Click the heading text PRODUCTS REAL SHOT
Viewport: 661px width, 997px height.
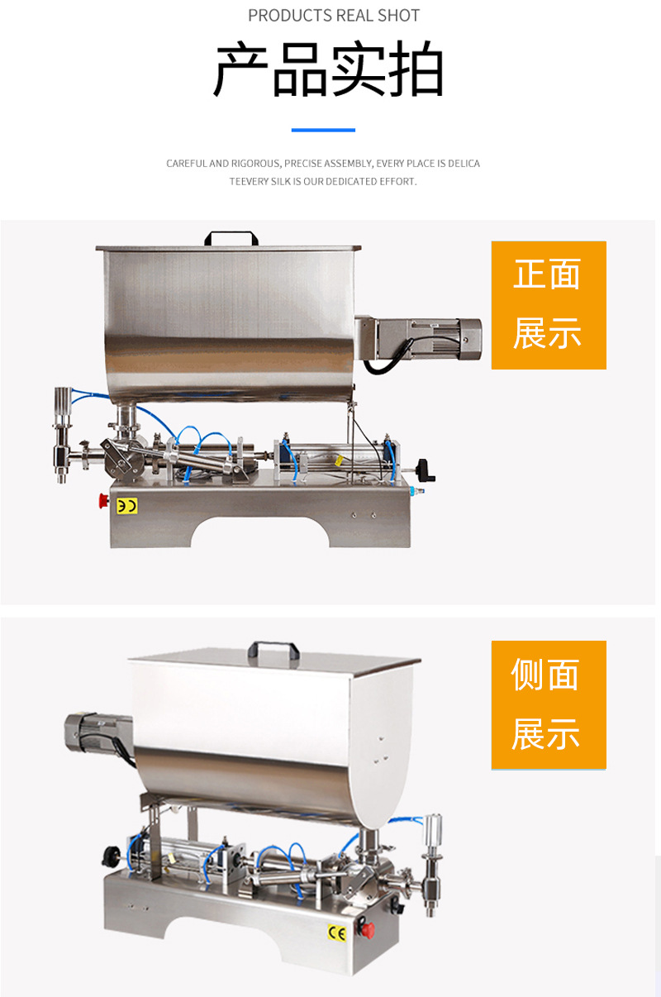click(x=334, y=16)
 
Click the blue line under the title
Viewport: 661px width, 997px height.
click(x=323, y=130)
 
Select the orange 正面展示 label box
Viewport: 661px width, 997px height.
click(x=549, y=305)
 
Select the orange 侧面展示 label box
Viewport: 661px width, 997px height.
click(x=549, y=705)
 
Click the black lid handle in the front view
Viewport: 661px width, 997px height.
click(x=231, y=238)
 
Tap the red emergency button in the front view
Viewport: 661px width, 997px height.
click(x=104, y=500)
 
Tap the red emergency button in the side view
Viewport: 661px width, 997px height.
click(x=367, y=929)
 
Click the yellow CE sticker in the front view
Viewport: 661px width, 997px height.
click(x=126, y=506)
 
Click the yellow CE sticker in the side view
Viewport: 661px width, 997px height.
click(x=336, y=933)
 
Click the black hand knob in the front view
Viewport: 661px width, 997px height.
click(x=426, y=470)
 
